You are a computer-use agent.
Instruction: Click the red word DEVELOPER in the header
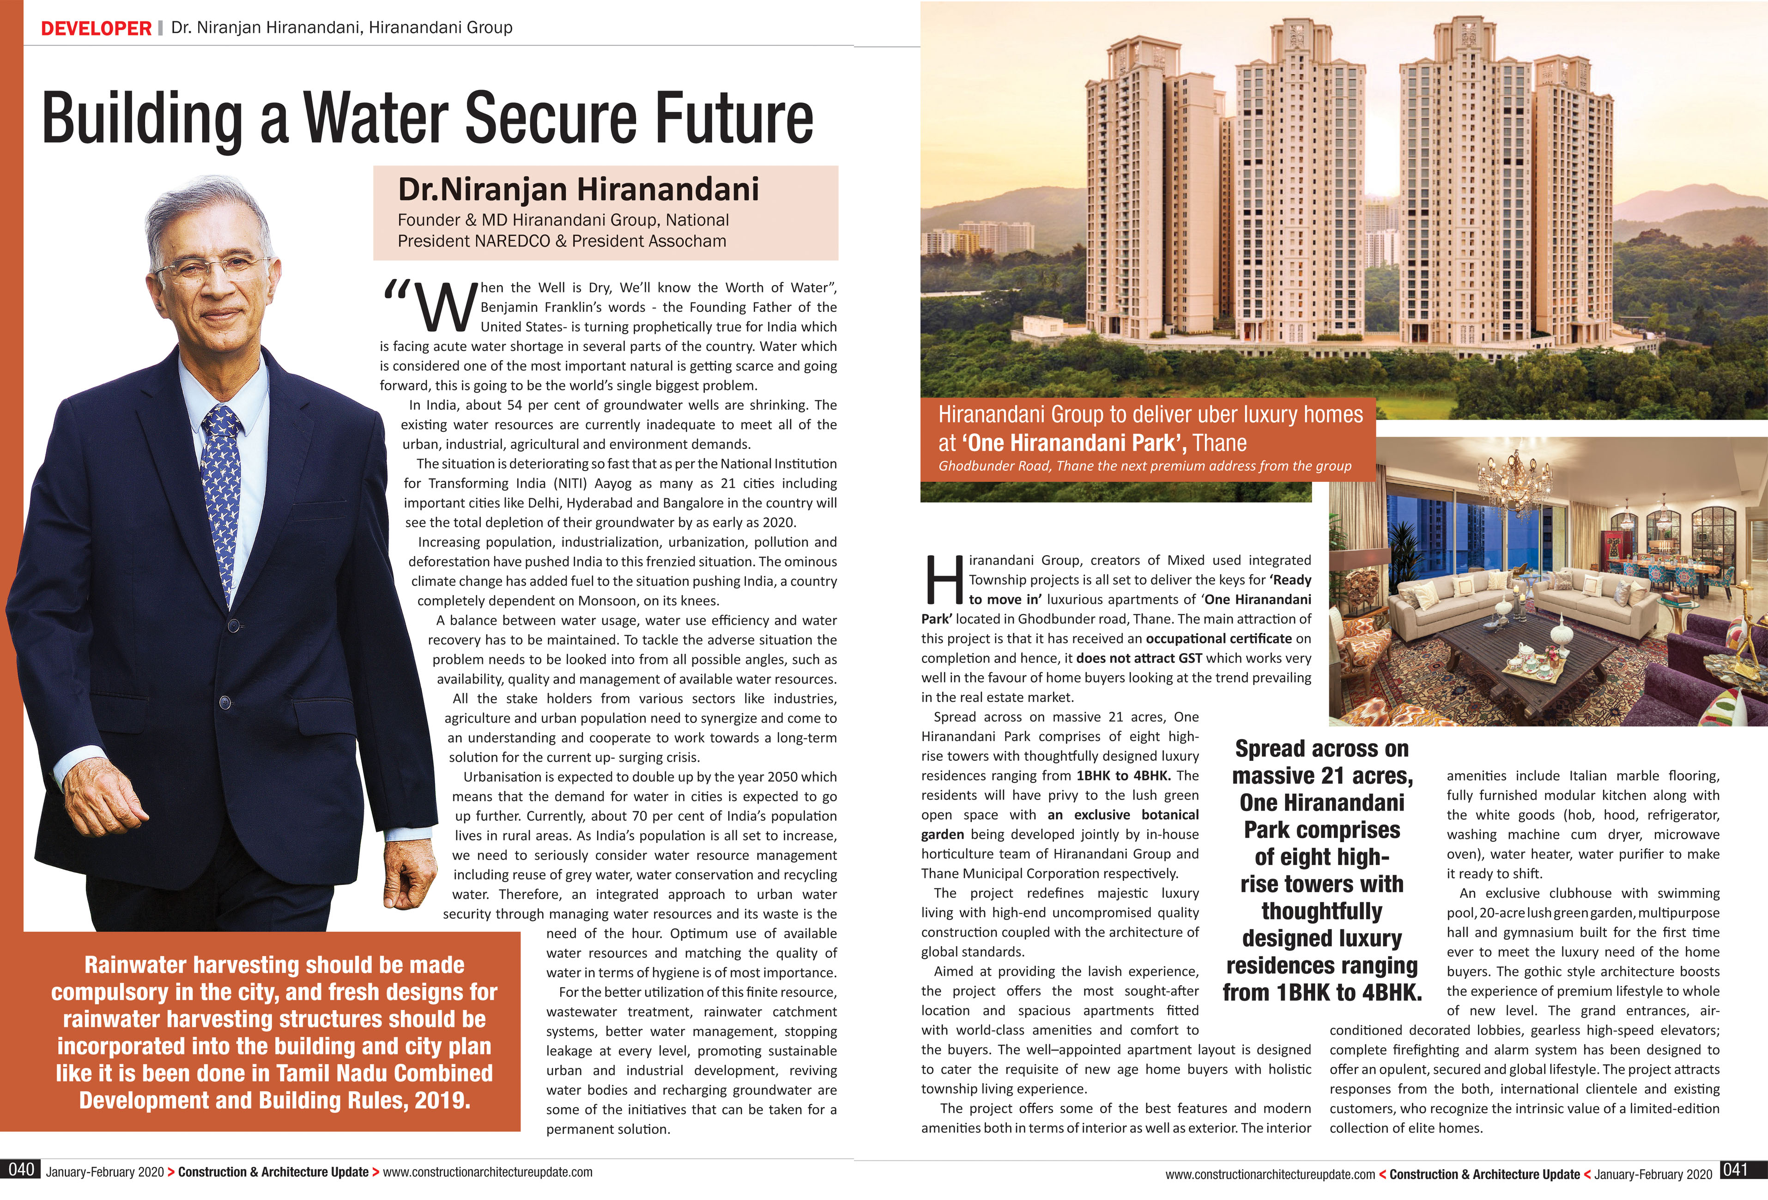coord(96,28)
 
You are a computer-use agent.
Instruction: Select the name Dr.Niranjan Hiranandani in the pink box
coord(578,189)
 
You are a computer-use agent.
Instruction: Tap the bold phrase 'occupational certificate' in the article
coord(1218,638)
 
